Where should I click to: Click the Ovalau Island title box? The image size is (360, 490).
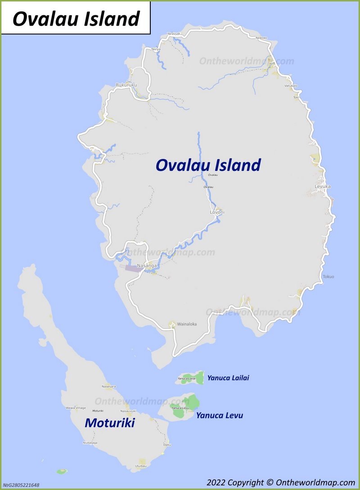click(76, 18)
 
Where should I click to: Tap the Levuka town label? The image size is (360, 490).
click(322, 186)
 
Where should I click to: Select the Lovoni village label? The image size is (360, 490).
click(217, 212)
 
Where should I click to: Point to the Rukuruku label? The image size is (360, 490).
click(126, 85)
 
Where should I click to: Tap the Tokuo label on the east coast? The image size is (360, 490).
click(328, 276)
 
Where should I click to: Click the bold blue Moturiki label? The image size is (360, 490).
click(110, 423)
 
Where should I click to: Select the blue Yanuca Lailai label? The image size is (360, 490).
click(228, 378)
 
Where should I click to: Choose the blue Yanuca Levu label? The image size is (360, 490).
click(219, 415)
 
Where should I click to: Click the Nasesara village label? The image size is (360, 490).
click(109, 387)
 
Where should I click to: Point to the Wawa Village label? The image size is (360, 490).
click(76, 408)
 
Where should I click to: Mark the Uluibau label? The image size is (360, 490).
click(141, 466)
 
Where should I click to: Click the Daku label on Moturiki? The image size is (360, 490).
click(167, 445)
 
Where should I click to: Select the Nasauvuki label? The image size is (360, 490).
click(128, 411)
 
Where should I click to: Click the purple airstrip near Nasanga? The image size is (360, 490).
click(132, 268)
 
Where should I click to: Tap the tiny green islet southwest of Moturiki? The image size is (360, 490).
click(62, 471)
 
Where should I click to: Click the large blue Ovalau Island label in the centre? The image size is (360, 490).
click(208, 165)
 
